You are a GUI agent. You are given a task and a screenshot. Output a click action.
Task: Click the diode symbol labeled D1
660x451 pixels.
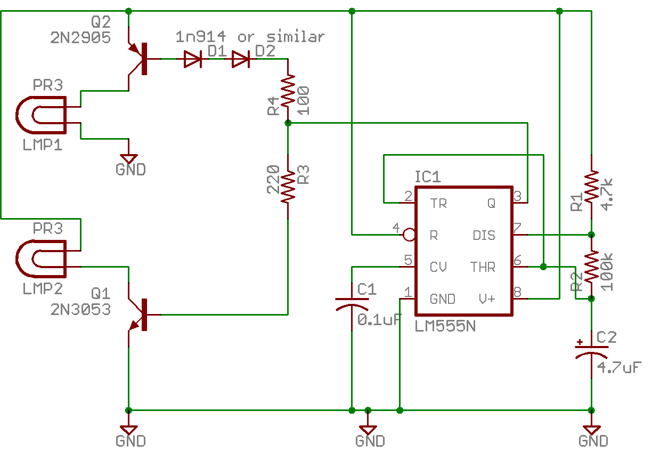(x=192, y=59)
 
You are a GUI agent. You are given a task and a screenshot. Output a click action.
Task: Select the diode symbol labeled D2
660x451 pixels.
(x=241, y=59)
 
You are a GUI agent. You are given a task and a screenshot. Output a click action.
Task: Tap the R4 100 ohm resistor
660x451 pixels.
(x=288, y=91)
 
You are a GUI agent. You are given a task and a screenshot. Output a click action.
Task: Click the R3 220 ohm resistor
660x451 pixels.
(x=288, y=187)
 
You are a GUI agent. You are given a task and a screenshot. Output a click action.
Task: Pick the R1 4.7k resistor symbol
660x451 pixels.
(x=591, y=187)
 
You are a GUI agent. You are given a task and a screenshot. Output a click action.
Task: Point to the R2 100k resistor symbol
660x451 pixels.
(x=591, y=267)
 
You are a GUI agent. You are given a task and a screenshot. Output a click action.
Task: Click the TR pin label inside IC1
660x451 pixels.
(x=438, y=203)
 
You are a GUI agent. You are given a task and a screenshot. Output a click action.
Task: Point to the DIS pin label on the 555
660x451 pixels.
(x=484, y=235)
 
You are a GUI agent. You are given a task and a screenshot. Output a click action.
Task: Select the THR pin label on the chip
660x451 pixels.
(x=483, y=267)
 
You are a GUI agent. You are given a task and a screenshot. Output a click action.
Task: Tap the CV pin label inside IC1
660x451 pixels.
(x=438, y=267)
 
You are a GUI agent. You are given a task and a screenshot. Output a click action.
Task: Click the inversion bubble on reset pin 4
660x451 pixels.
(x=409, y=235)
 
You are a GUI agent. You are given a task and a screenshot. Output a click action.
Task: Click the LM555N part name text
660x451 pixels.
(x=445, y=326)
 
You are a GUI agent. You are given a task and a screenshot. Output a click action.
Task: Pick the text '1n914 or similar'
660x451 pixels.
(x=250, y=37)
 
